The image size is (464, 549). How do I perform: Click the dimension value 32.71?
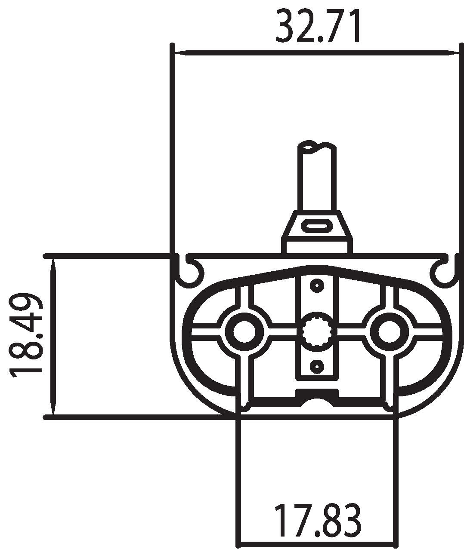(318, 27)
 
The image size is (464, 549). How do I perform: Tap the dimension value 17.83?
(318, 521)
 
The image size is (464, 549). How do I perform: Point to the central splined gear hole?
(317, 331)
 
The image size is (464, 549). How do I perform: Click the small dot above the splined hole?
(317, 285)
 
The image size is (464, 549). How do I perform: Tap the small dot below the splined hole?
(317, 366)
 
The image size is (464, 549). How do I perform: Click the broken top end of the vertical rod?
(317, 146)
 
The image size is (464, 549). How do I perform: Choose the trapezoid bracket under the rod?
(317, 232)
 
